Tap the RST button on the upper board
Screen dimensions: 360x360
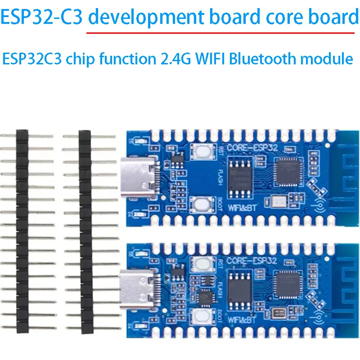200,152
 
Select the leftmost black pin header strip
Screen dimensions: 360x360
22,229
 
